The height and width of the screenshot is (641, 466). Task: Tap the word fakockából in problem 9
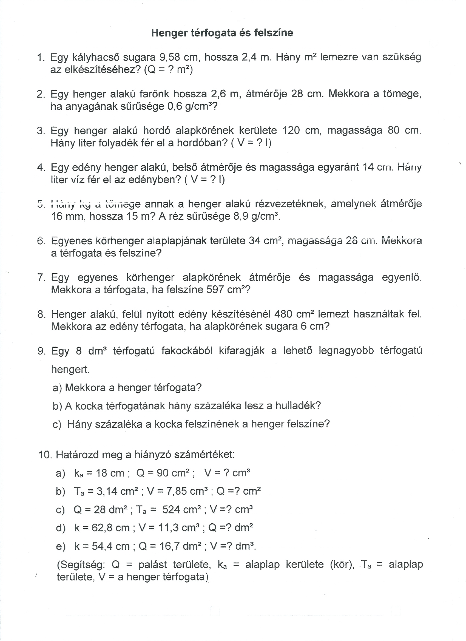click(x=186, y=351)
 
